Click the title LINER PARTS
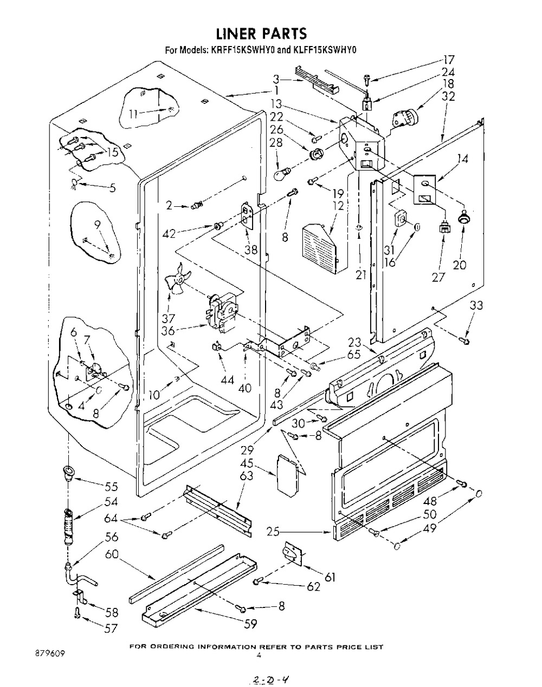(x=261, y=34)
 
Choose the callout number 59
(x=250, y=624)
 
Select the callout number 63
(x=247, y=476)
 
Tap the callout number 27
(x=438, y=277)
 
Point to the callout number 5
(x=113, y=188)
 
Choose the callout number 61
(x=330, y=578)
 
